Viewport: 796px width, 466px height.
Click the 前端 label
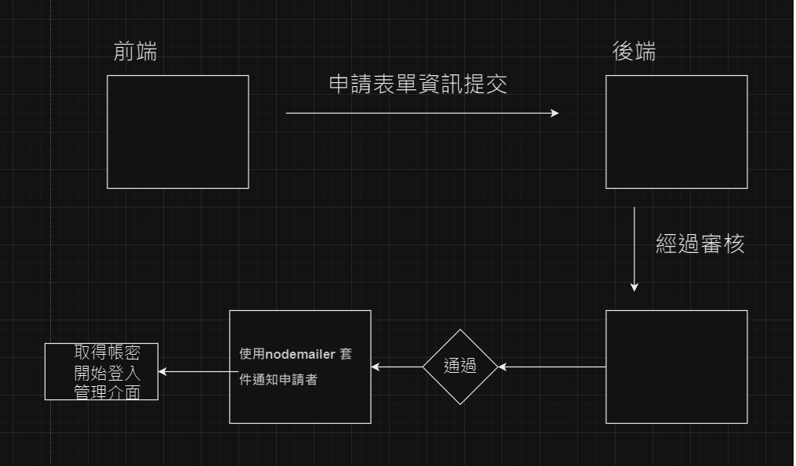click(135, 52)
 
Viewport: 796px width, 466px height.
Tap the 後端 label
click(634, 52)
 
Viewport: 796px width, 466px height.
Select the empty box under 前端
click(178, 132)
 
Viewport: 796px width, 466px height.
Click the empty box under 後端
click(676, 132)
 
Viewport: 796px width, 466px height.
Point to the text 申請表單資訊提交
click(418, 85)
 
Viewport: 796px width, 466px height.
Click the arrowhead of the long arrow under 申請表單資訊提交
click(554, 113)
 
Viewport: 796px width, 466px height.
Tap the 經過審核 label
click(700, 244)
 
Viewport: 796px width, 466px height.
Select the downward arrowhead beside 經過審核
click(634, 287)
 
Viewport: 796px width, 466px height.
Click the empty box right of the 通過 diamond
click(676, 367)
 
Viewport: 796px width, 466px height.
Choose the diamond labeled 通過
click(460, 367)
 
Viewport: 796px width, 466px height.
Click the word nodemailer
click(300, 354)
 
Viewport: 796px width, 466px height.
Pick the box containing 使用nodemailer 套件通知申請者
click(300, 399)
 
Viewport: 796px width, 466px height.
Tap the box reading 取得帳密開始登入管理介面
click(101, 371)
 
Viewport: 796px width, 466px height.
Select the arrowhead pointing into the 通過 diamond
click(503, 367)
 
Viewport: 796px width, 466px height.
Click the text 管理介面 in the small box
click(107, 392)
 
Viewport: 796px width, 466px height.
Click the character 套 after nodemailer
click(345, 354)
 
